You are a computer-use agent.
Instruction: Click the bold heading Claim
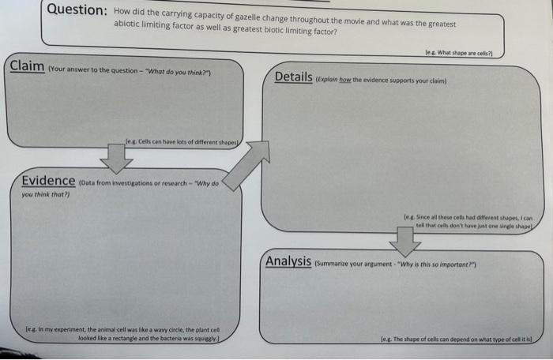pyautogui.click(x=26, y=66)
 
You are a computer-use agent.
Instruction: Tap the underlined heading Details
pyautogui.click(x=293, y=77)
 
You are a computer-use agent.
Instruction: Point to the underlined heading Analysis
pyautogui.click(x=288, y=261)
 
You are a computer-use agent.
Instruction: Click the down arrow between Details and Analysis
pyautogui.click(x=405, y=241)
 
